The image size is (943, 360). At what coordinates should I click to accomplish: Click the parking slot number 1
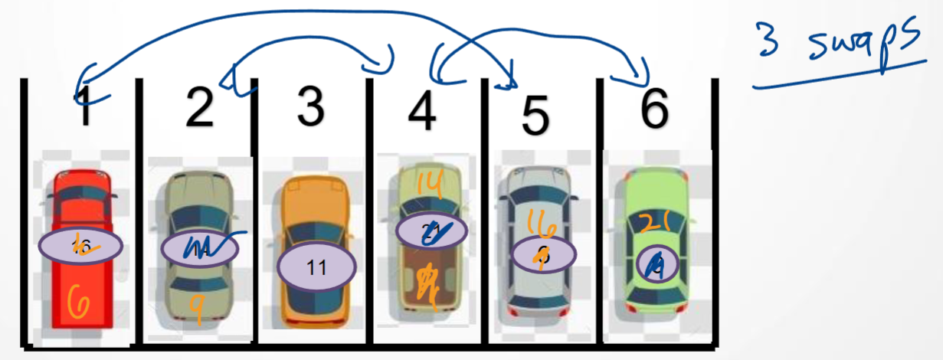click(87, 109)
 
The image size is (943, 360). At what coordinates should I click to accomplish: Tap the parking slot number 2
click(199, 108)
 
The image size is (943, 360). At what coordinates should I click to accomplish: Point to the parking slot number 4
click(422, 110)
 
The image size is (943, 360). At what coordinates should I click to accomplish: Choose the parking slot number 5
click(535, 115)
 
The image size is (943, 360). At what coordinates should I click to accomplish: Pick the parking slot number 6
click(653, 109)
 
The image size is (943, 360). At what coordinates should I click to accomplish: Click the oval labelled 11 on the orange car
click(316, 267)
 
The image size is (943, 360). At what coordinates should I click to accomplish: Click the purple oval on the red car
click(80, 245)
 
